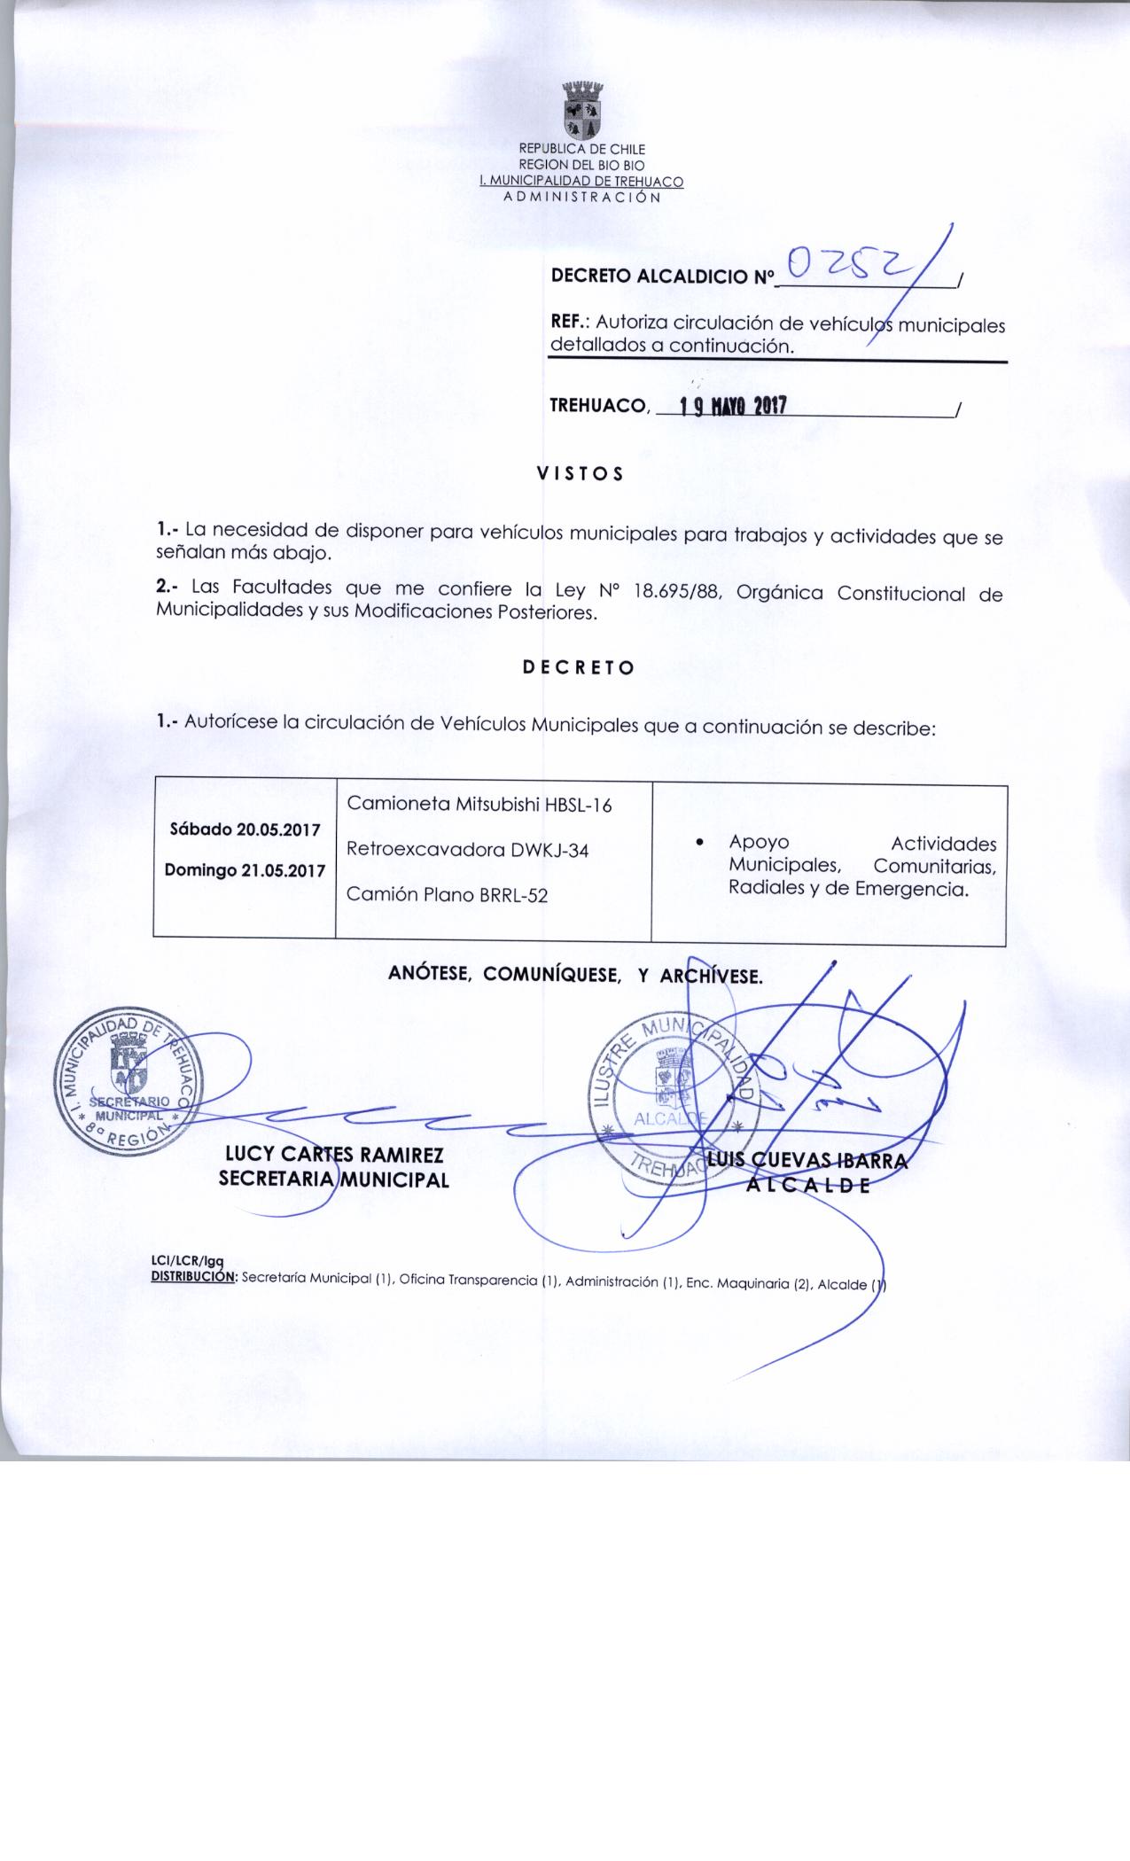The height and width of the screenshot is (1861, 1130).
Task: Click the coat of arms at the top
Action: pos(581,112)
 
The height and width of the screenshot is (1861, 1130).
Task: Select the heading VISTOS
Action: pos(581,474)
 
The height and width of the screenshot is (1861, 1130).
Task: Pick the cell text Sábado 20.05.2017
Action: pos(245,829)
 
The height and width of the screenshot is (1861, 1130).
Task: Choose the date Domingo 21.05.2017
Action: pos(245,869)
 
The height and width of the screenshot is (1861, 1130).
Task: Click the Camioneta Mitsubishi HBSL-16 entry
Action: pos(479,805)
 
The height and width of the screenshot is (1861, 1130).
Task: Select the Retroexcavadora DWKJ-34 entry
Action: pos(468,850)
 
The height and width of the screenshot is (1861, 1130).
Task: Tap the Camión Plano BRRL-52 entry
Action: pos(447,895)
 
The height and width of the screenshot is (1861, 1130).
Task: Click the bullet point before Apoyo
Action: pos(701,843)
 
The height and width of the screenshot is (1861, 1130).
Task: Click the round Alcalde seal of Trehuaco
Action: pos(674,1100)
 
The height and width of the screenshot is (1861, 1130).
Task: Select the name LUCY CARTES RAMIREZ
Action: pos(334,1155)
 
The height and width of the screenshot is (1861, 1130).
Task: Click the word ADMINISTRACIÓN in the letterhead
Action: pos(581,197)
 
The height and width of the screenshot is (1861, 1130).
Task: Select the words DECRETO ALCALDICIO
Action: pos(650,276)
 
